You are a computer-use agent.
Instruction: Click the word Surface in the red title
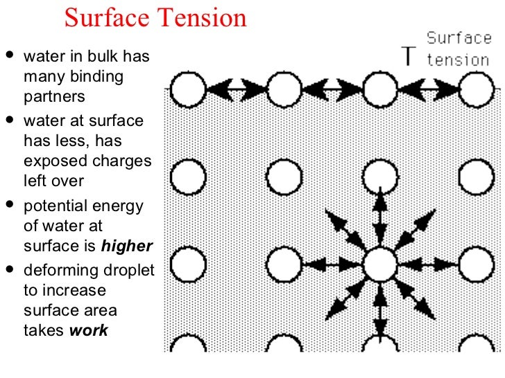[x=103, y=18]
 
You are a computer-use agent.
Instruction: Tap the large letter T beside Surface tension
[x=411, y=56]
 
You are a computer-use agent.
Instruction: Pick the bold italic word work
[x=89, y=330]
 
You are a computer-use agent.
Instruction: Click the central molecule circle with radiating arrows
[x=379, y=264]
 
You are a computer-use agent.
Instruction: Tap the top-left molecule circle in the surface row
[x=189, y=89]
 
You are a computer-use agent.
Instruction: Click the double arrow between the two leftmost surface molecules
[x=236, y=89]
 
